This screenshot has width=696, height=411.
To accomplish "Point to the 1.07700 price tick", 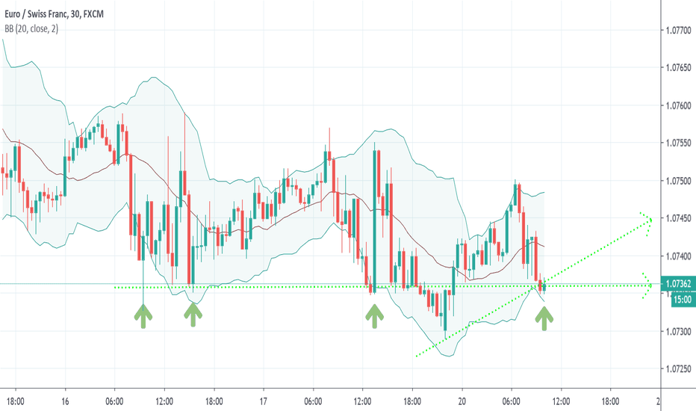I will click(x=677, y=31).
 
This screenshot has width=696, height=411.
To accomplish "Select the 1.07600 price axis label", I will click(x=677, y=106).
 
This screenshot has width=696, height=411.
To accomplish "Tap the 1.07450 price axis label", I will click(x=677, y=219).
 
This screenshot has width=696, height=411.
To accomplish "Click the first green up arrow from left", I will click(x=143, y=316).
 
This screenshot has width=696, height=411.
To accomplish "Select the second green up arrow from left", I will click(x=193, y=316).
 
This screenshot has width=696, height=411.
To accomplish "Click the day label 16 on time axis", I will click(x=66, y=401).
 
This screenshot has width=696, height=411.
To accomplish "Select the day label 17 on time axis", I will click(x=264, y=401).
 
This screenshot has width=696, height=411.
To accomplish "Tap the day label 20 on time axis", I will click(x=462, y=401).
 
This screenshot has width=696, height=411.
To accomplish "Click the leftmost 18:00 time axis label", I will click(x=16, y=401).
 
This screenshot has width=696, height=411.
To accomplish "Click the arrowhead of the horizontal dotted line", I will click(x=647, y=285).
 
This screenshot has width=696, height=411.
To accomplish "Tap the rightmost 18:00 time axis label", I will click(x=610, y=401).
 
